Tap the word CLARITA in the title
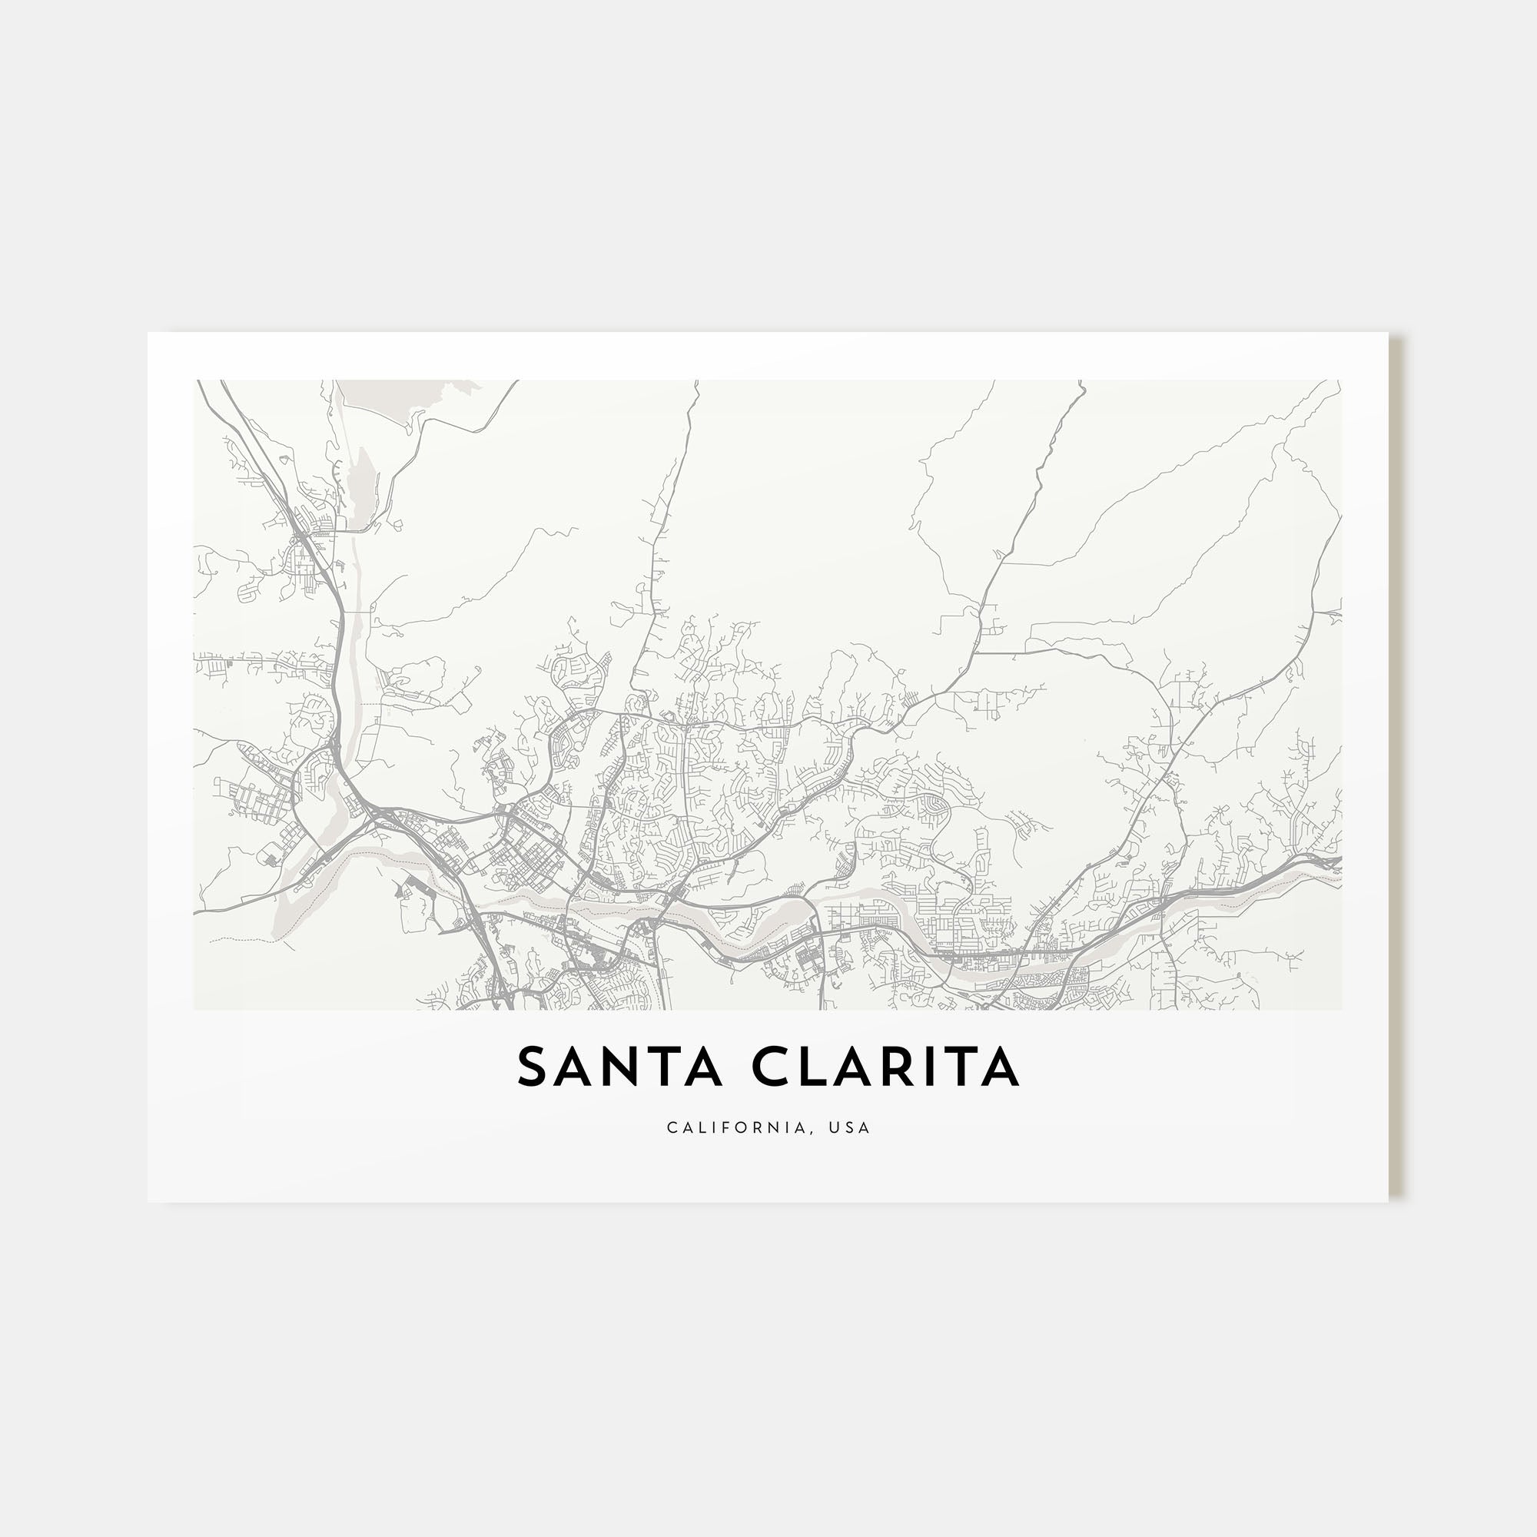coord(885,1067)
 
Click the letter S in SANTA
coord(535,1067)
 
